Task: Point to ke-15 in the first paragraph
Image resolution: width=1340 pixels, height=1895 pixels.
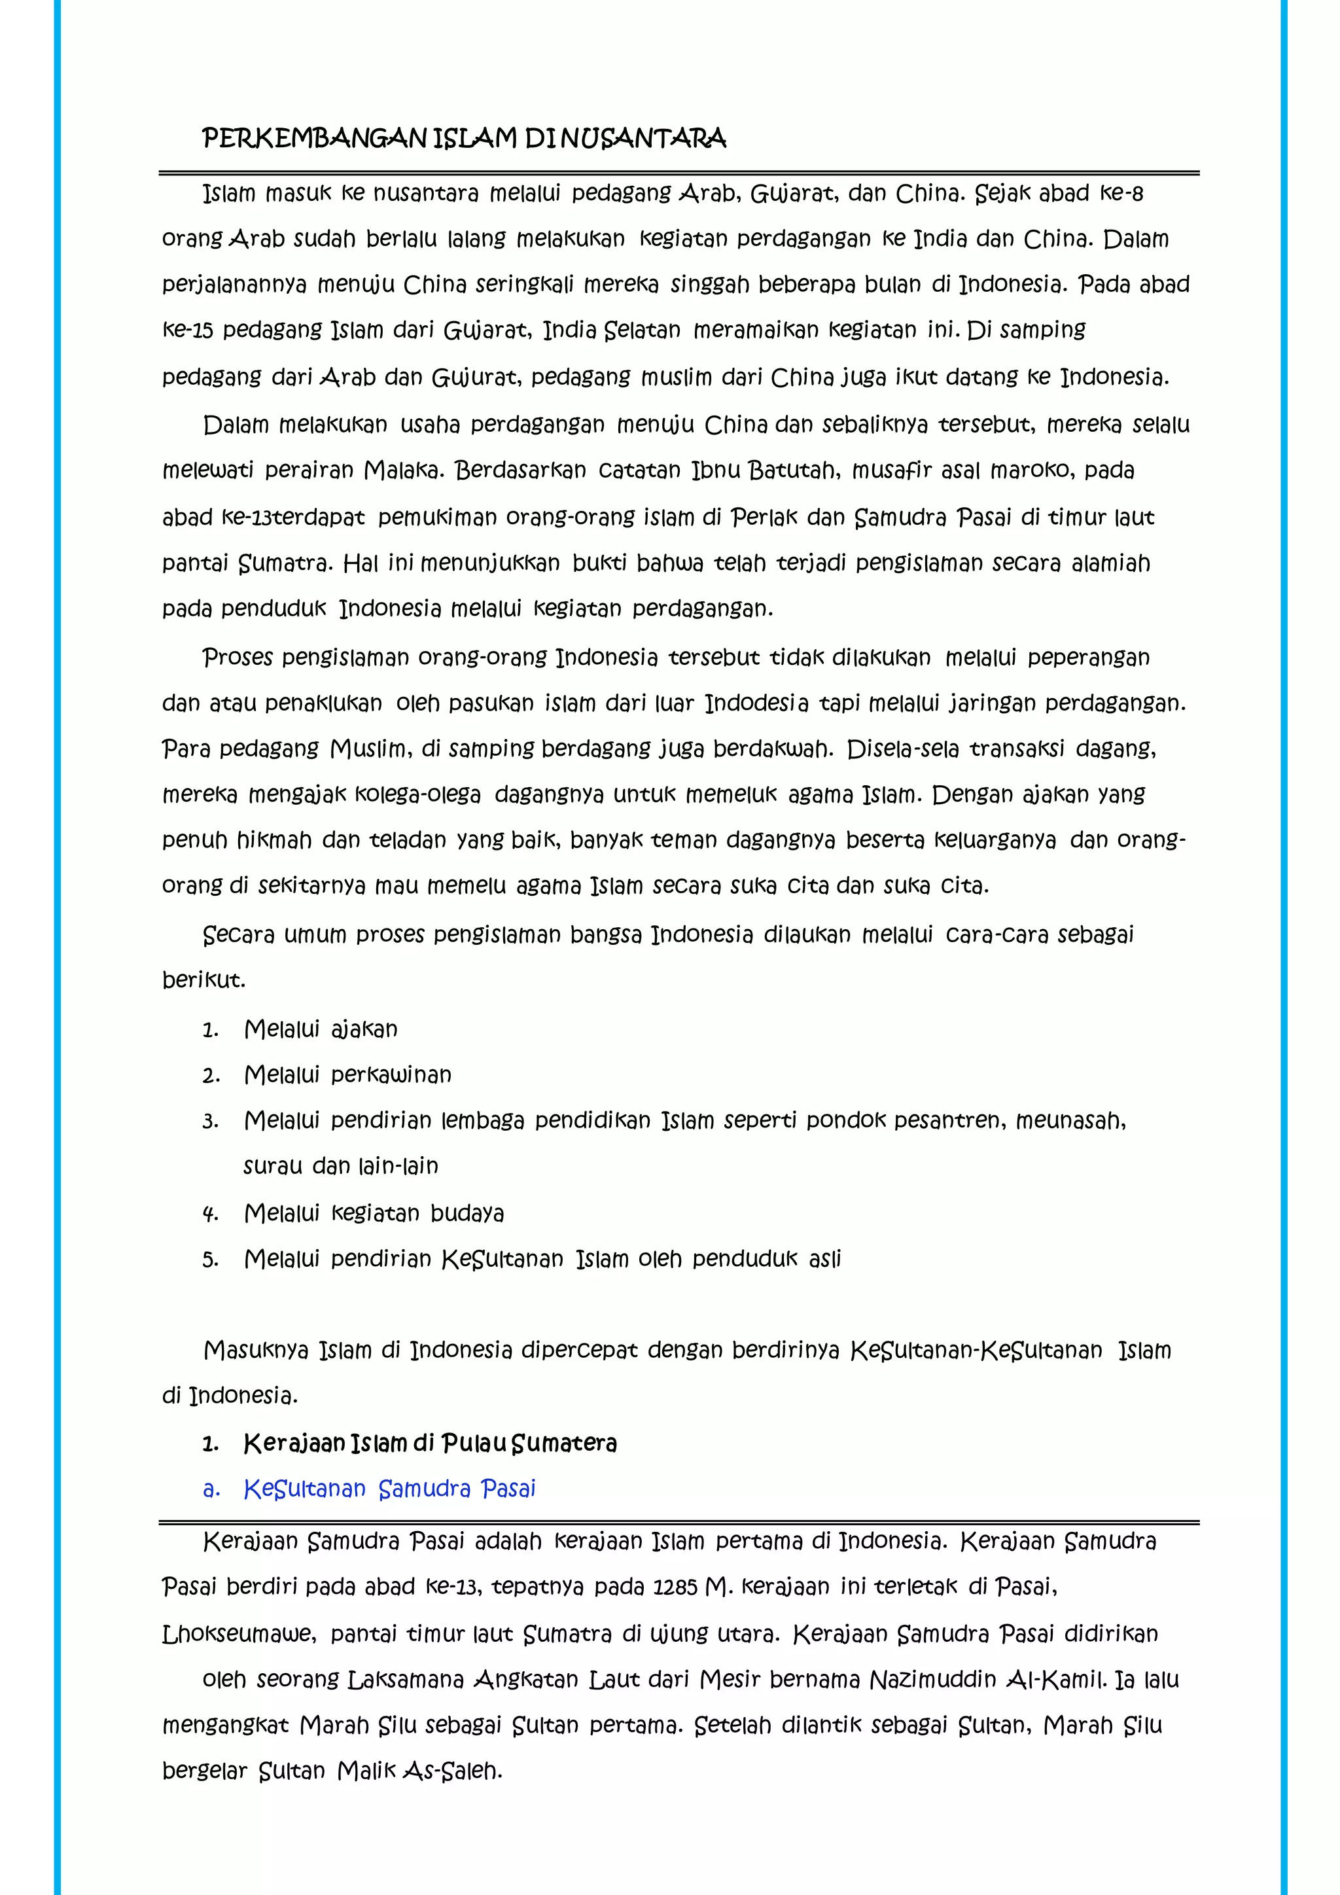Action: pos(187,330)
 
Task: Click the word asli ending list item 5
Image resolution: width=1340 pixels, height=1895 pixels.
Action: pos(824,1259)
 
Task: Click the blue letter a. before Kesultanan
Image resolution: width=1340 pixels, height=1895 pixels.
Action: pos(211,1489)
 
